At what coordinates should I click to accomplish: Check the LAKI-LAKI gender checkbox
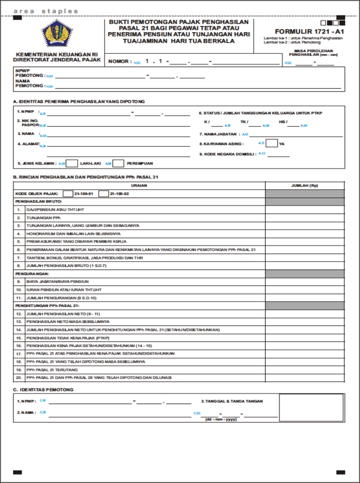tap(72, 163)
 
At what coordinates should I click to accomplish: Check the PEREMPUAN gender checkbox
tap(118, 163)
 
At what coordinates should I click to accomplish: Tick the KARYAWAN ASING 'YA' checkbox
tap(271, 143)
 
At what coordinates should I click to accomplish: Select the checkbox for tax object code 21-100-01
tap(68, 193)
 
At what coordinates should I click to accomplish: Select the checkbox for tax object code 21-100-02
tap(104, 193)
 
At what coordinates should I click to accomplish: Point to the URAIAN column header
tap(139, 185)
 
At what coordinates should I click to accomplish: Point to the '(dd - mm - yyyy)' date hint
tap(221, 419)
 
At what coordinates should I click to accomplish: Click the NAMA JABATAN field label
tap(220, 134)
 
